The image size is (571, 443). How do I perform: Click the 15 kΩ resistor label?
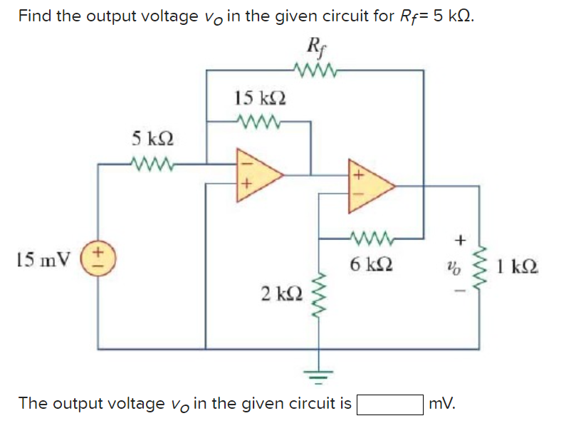pyautogui.click(x=261, y=98)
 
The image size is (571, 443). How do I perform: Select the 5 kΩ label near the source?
pyautogui.click(x=151, y=139)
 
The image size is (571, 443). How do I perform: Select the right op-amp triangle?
pyautogui.click(x=369, y=187)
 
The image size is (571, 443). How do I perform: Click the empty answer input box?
pyautogui.click(x=390, y=404)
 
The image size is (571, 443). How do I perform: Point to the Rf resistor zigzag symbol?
pyautogui.click(x=313, y=70)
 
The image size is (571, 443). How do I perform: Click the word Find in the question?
pyautogui.click(x=34, y=16)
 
